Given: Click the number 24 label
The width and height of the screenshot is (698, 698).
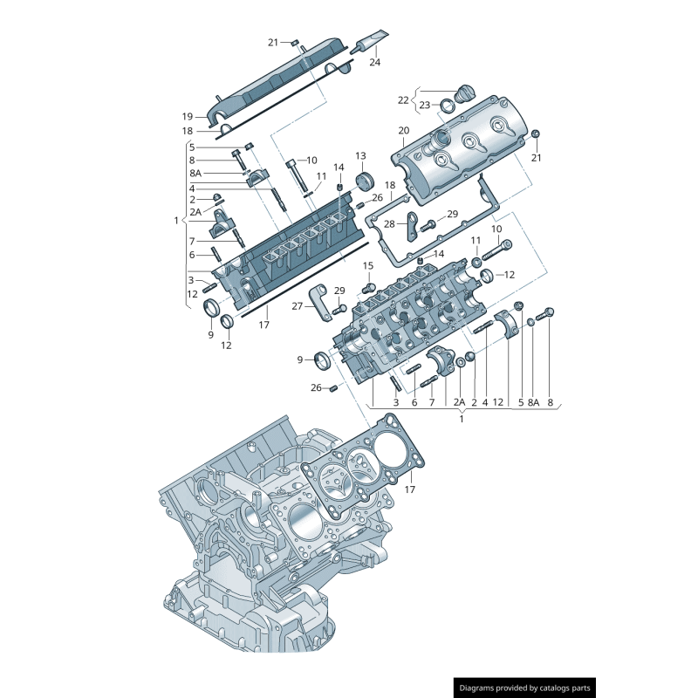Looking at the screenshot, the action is tap(375, 62).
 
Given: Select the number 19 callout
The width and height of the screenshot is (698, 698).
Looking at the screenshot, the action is tap(188, 117).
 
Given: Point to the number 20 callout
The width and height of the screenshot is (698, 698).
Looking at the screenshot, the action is tap(404, 131).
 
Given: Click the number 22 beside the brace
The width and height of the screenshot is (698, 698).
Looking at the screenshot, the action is tap(403, 100).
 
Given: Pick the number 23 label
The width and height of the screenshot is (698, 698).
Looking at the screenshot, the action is tap(425, 105).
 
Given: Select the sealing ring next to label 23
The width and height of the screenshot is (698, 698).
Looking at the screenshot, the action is tap(448, 106).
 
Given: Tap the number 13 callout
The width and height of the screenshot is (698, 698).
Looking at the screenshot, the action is tap(360, 156).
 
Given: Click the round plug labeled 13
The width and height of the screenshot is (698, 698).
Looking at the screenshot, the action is tap(366, 182).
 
